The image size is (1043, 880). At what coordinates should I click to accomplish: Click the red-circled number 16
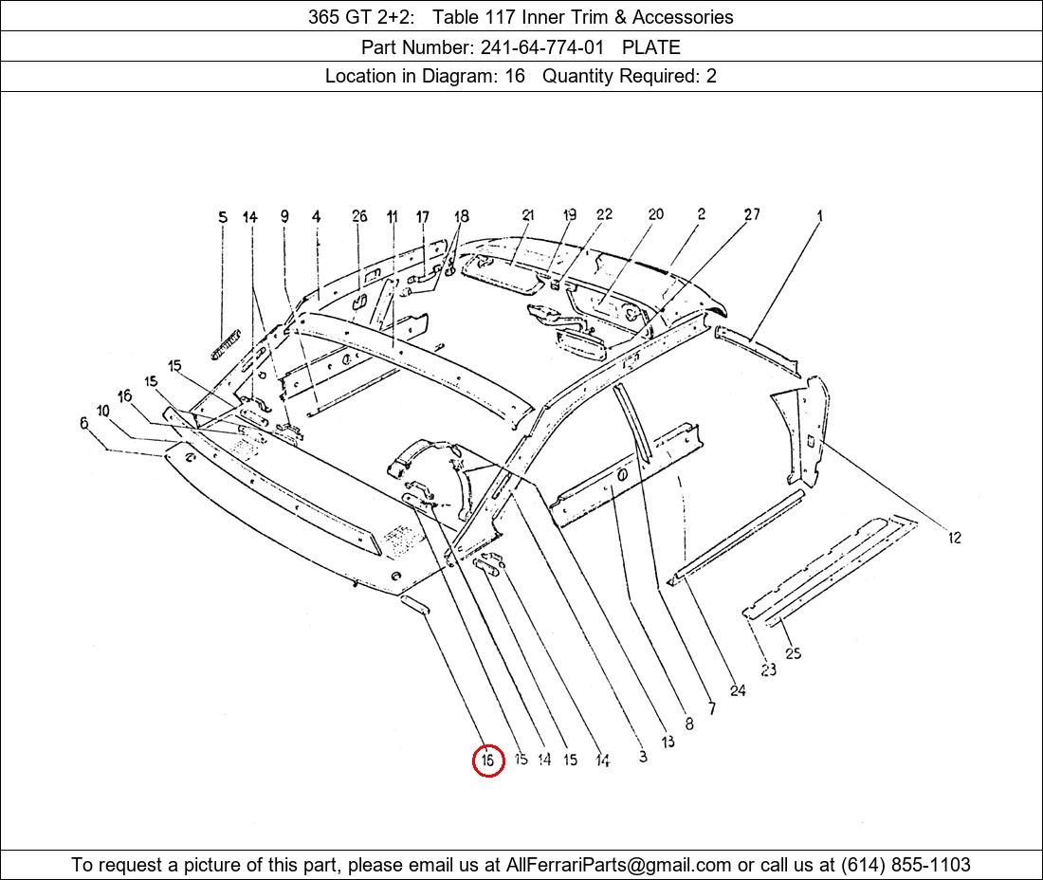coord(488,760)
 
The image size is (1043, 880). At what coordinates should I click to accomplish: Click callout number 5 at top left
coord(223,217)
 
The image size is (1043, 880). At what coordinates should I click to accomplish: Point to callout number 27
coord(752,214)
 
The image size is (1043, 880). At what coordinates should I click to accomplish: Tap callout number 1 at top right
coord(819,215)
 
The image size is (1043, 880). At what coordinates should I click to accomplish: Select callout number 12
coord(955,538)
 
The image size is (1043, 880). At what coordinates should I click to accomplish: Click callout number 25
coord(793,653)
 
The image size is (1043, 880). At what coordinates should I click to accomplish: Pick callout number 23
coord(768,669)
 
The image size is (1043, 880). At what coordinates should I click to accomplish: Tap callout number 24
coord(738,690)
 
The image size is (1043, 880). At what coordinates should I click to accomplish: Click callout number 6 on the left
coord(83,423)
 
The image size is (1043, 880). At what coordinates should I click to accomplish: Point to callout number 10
coord(102,411)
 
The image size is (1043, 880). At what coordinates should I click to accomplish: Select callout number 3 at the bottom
coord(643,757)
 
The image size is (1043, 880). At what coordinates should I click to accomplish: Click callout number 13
coord(668,741)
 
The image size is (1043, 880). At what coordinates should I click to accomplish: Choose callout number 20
coord(656,214)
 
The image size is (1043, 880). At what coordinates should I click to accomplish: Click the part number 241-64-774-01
coord(542,47)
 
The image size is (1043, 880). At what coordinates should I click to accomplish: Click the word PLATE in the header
coord(651,47)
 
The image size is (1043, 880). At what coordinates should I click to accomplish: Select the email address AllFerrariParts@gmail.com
coord(618,865)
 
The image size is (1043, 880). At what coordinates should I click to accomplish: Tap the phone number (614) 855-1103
coord(906,865)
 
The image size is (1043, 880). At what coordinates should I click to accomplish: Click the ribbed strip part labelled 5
coord(225,344)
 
